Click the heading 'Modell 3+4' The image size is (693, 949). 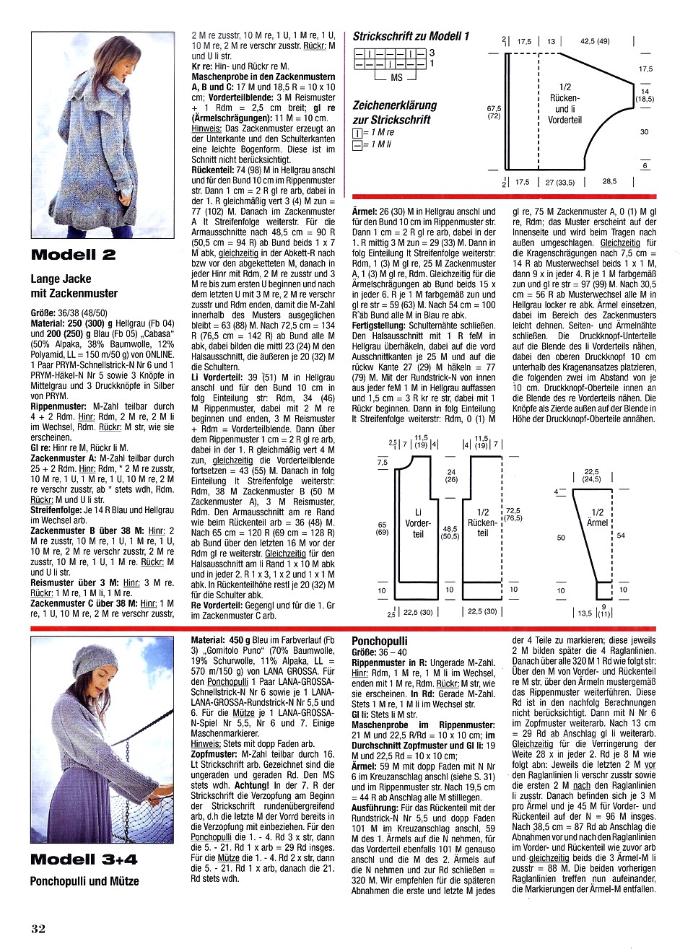click(84, 859)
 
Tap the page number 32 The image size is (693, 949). click(38, 929)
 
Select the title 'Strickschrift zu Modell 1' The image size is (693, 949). click(411, 35)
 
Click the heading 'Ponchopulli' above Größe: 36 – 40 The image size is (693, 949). click(379, 641)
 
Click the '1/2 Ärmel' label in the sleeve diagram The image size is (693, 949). click(597, 517)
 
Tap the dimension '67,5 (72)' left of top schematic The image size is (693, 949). click(494, 111)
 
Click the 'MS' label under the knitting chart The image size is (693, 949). click(396, 77)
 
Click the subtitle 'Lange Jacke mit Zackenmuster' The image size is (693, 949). click(74, 286)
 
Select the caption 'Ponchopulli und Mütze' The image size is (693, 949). click(84, 881)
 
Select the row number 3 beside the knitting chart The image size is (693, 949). click(432, 53)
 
